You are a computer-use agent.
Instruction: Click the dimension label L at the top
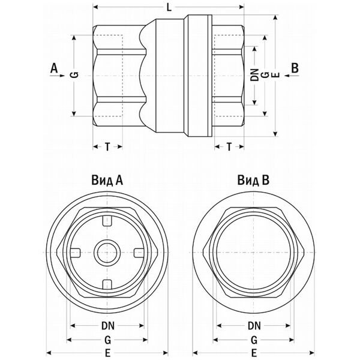[169, 8]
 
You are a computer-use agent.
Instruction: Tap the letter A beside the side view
[54, 68]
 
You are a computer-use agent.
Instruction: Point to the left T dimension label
[107, 147]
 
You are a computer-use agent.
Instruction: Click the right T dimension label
[230, 147]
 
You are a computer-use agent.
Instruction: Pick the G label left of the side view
[74, 74]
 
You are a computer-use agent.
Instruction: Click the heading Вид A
[108, 179]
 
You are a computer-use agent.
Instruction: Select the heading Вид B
[254, 179]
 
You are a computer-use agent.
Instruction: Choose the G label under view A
[109, 339]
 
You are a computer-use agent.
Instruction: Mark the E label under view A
[109, 353]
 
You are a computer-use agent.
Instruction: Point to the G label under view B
[254, 339]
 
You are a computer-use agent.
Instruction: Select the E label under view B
[254, 353]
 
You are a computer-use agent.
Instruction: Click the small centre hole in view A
[108, 251]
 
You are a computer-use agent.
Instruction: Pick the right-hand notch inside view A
[138, 251]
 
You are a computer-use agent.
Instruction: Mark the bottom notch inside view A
[108, 282]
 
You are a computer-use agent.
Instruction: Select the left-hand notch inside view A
[78, 251]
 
